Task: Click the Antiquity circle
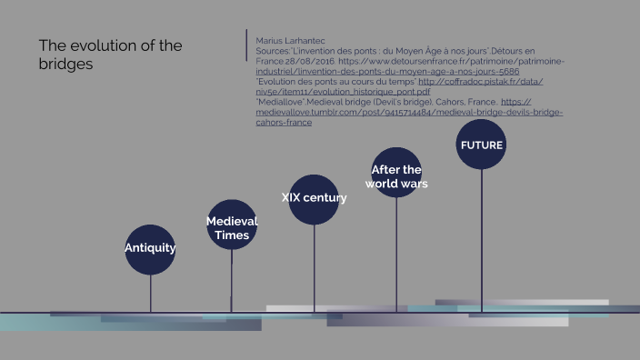point(150,248)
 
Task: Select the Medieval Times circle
point(232,225)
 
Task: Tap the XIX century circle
point(314,199)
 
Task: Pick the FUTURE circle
point(481,145)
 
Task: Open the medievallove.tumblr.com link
point(409,113)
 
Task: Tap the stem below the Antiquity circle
point(150,293)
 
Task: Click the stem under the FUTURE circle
point(481,236)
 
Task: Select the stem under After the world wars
point(396,255)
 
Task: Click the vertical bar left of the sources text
point(246,45)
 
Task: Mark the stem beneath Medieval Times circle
point(232,282)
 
